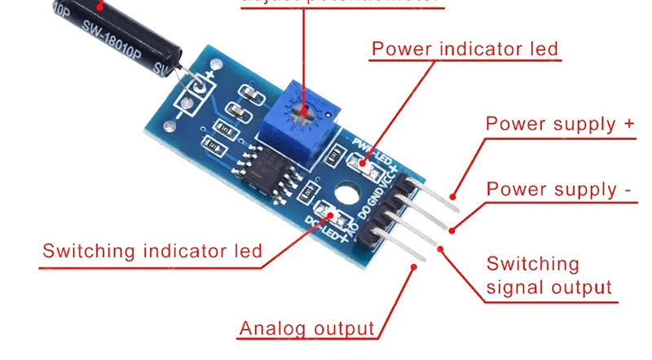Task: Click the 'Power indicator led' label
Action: (465, 48)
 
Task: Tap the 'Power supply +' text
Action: (560, 124)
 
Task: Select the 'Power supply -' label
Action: (559, 190)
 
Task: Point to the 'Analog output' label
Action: (306, 329)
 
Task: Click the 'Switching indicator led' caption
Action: (152, 250)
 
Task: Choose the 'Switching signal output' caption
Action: (548, 275)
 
